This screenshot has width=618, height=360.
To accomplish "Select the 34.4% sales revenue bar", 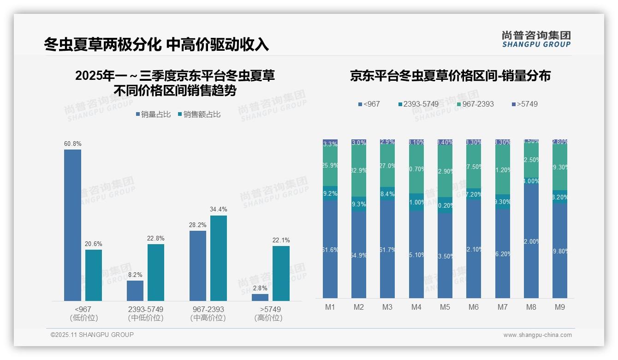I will pyautogui.click(x=219, y=258).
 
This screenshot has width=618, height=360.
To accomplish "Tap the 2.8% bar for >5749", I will pyautogui.click(x=260, y=297).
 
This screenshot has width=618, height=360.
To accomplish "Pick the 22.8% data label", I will pyautogui.click(x=156, y=238).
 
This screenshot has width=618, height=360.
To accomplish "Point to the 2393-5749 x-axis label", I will pyautogui.click(x=146, y=309).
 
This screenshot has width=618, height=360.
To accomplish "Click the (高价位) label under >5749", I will pyautogui.click(x=268, y=318).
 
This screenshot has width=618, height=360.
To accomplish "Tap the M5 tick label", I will pyautogui.click(x=445, y=307).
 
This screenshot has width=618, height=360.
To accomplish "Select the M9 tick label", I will pyautogui.click(x=559, y=307).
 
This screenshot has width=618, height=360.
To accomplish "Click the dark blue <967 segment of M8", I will pyautogui.click(x=531, y=240).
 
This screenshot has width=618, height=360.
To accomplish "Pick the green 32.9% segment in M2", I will pyautogui.click(x=359, y=171).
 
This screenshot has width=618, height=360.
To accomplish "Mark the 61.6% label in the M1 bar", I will pyautogui.click(x=330, y=250).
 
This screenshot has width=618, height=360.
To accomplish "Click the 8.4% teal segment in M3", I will pyautogui.click(x=387, y=193).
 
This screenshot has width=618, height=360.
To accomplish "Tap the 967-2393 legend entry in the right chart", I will pyautogui.click(x=475, y=104).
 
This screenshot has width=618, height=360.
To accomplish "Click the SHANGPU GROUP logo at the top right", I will pyautogui.click(x=536, y=39).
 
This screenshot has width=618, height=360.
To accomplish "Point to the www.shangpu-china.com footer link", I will pyautogui.click(x=537, y=335).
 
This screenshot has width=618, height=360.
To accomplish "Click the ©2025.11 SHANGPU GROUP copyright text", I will pyautogui.click(x=92, y=335).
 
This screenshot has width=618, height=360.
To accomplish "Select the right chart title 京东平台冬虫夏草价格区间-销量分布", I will pyautogui.click(x=450, y=76).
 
